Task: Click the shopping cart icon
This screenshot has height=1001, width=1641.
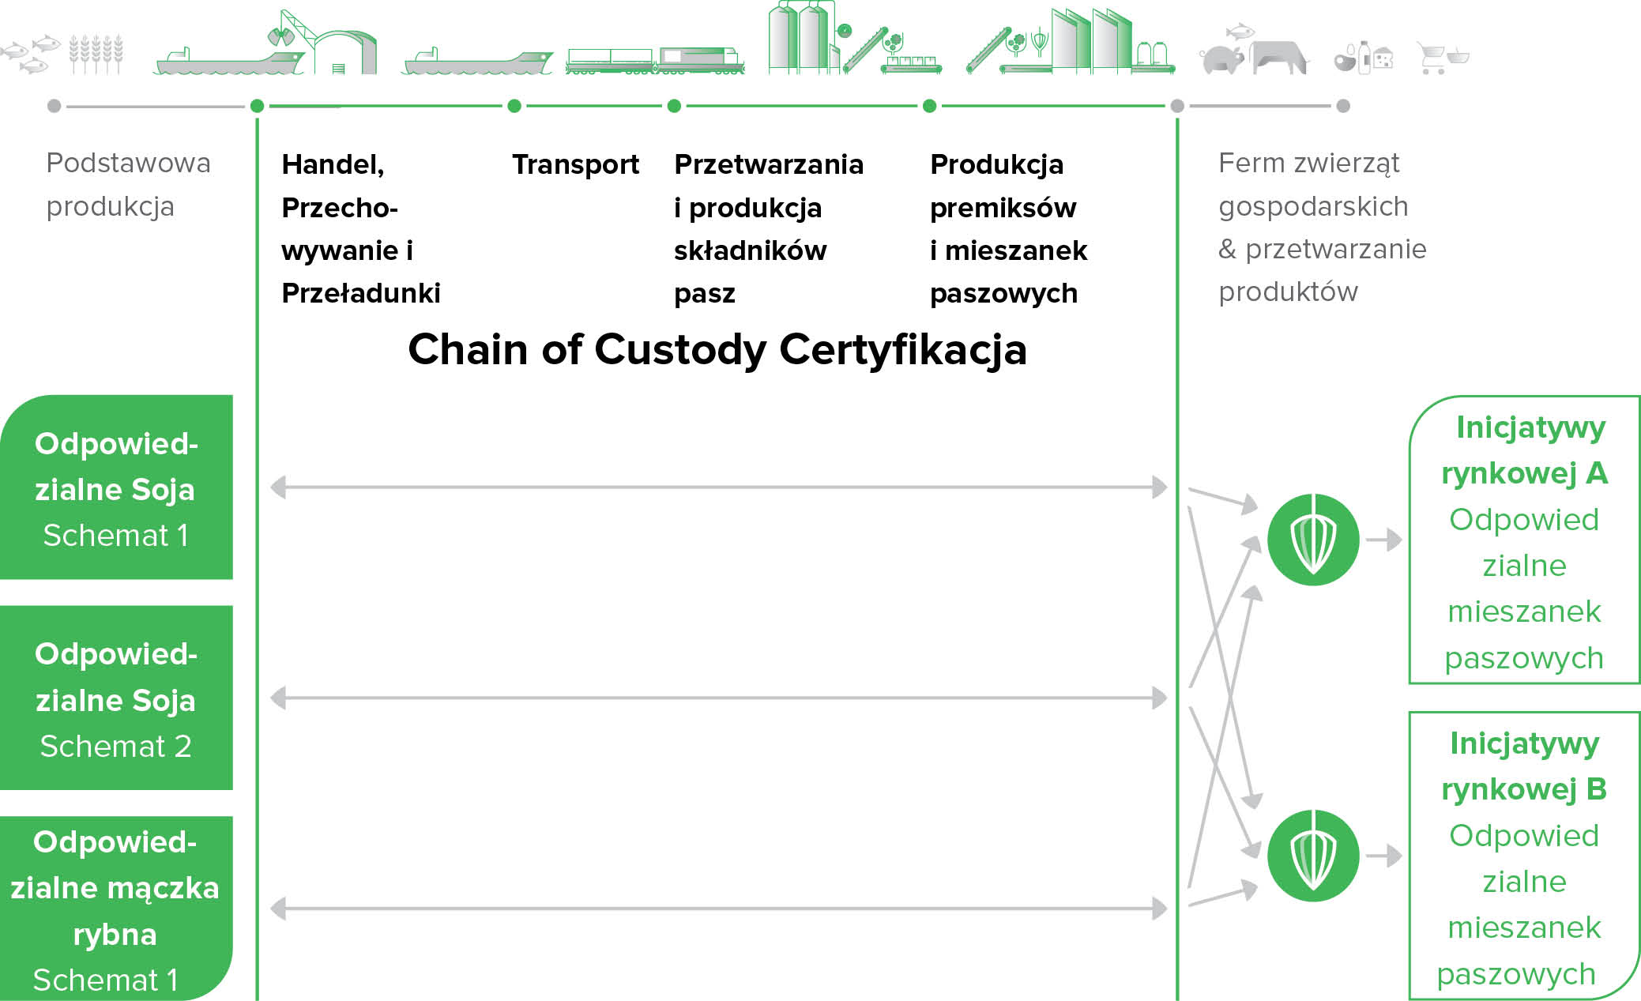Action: pyautogui.click(x=1443, y=58)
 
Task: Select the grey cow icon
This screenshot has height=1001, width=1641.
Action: pyautogui.click(x=1278, y=58)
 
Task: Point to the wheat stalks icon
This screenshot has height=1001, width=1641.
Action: pyautogui.click(x=96, y=54)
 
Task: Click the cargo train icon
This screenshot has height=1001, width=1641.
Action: pyautogui.click(x=655, y=61)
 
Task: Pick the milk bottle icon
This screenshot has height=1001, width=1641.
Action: pyautogui.click(x=1364, y=58)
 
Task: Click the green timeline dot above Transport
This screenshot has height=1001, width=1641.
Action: pyautogui.click(x=514, y=106)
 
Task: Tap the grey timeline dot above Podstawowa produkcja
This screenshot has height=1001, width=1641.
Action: pyautogui.click(x=54, y=106)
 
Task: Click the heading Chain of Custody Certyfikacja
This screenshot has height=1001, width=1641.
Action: pyautogui.click(x=717, y=349)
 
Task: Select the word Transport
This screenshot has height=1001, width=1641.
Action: pyautogui.click(x=575, y=164)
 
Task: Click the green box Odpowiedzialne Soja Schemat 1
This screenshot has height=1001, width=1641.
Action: pyautogui.click(x=116, y=487)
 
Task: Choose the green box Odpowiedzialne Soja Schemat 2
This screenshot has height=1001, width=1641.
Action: pyautogui.click(x=116, y=698)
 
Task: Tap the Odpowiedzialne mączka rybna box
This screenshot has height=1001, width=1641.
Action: pyautogui.click(x=116, y=909)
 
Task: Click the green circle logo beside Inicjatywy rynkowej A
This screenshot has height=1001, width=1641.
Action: pyautogui.click(x=1313, y=540)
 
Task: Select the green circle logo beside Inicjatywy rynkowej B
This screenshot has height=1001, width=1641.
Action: pyautogui.click(x=1313, y=856)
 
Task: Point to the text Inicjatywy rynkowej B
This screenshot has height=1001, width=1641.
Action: pyautogui.click(x=1524, y=766)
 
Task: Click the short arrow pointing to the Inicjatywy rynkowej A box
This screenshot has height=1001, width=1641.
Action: pyautogui.click(x=1383, y=540)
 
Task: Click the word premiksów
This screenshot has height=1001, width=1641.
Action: pyautogui.click(x=1003, y=208)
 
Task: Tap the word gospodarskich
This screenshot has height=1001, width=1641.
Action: pyautogui.click(x=1313, y=206)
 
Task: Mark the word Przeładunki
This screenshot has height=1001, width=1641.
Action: pyautogui.click(x=360, y=293)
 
